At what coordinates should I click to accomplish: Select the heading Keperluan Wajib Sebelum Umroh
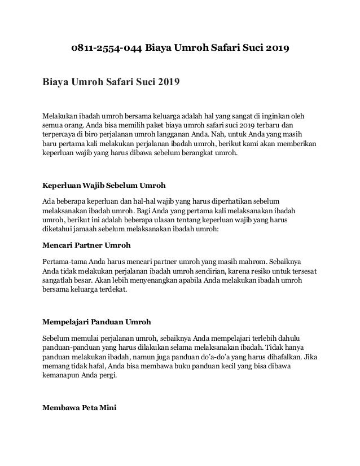point(104,184)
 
